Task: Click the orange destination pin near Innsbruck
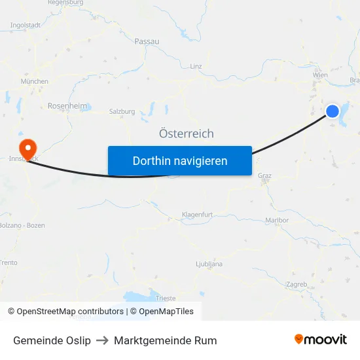tap(27, 147)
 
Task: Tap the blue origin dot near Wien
tap(333, 111)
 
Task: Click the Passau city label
tap(147, 41)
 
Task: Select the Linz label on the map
tap(196, 66)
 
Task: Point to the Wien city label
tap(320, 75)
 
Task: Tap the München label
tap(35, 81)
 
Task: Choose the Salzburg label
tap(122, 111)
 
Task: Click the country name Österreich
tap(186, 134)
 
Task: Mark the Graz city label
tap(264, 175)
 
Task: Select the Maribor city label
tap(278, 220)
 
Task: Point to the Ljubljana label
tap(209, 264)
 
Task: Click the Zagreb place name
tap(297, 284)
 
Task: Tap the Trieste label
tap(166, 298)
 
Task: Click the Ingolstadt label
tap(25, 26)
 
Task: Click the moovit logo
tap(321, 340)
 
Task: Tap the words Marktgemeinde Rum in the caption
tap(165, 340)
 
